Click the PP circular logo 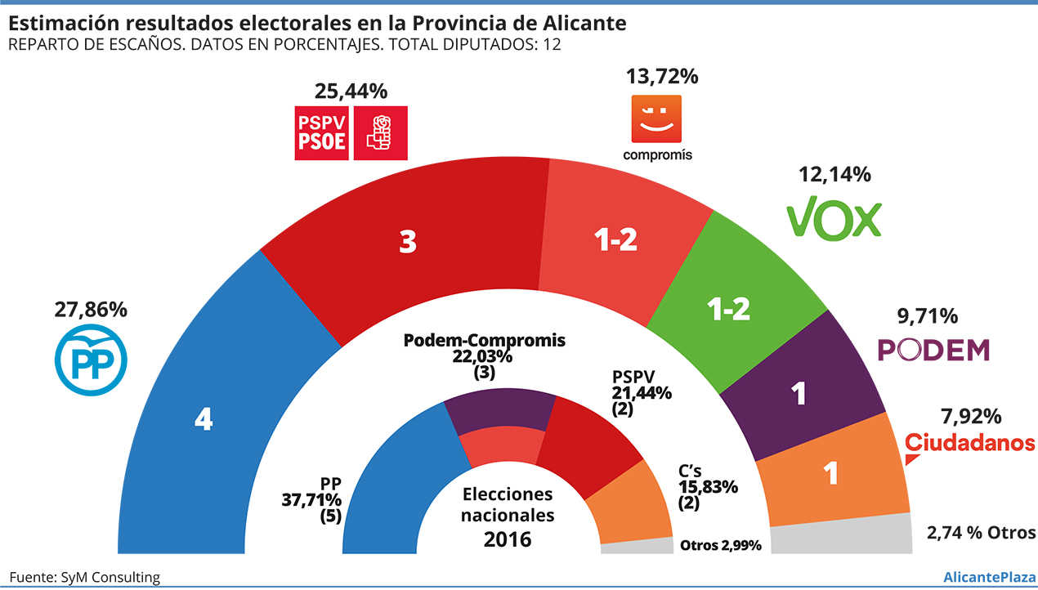pyautogui.click(x=91, y=361)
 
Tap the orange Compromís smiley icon pyautogui.click(x=657, y=119)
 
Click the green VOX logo pyautogui.click(x=834, y=217)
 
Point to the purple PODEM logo pyautogui.click(x=933, y=350)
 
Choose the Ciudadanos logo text pyautogui.click(x=970, y=443)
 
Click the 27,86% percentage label pyautogui.click(x=91, y=311)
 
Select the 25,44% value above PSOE pyautogui.click(x=351, y=90)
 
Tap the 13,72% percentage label pyautogui.click(x=662, y=77)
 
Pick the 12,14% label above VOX pyautogui.click(x=834, y=174)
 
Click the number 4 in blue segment pyautogui.click(x=204, y=420)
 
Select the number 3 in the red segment pyautogui.click(x=408, y=242)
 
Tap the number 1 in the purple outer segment pyautogui.click(x=799, y=394)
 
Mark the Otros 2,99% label pyautogui.click(x=720, y=545)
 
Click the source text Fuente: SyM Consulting pyautogui.click(x=85, y=578)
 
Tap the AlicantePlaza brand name pyautogui.click(x=986, y=578)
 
